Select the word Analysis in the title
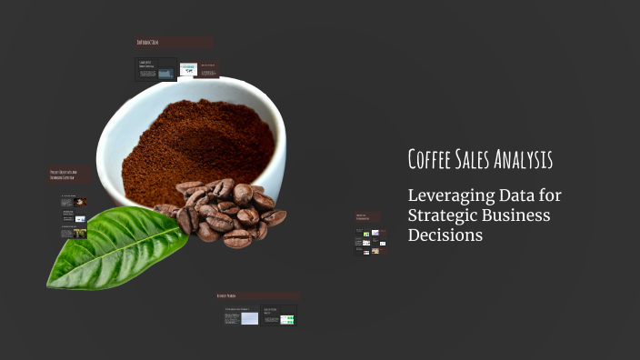[x=524, y=160]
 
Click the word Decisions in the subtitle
[x=445, y=235]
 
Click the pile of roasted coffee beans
[x=223, y=211]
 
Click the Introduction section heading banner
[x=174, y=43]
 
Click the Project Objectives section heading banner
[x=70, y=175]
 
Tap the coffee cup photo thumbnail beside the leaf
[x=80, y=202]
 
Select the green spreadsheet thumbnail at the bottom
[x=286, y=319]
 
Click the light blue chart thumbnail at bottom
[x=249, y=319]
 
